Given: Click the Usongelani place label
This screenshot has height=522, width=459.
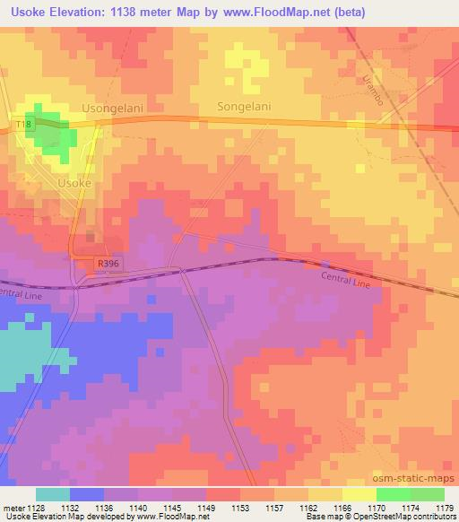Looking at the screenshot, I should coord(113,107).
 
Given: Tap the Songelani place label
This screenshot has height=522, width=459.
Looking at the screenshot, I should coord(244,107).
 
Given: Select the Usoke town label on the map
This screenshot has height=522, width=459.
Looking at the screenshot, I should coord(74,182).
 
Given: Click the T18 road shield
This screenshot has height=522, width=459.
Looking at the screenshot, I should coord(23,123).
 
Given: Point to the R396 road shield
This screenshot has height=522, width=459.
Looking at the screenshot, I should coord(108,263).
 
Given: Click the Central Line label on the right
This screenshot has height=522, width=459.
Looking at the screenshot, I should coord(345,280).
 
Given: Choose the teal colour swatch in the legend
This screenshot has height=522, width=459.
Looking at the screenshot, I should coord(53,494).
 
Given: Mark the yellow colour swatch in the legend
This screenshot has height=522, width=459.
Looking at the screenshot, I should coord(359,494).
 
